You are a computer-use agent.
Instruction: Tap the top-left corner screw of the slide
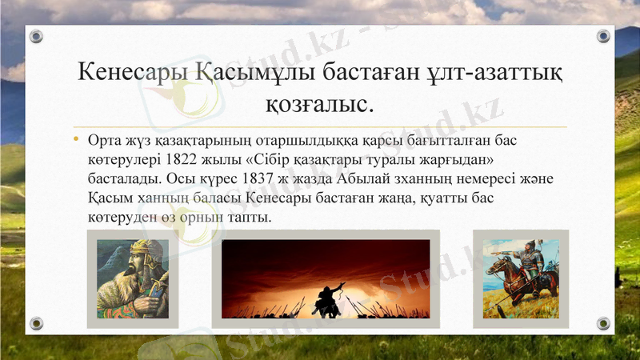pyautogui.click(x=36, y=37)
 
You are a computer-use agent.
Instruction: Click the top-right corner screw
pyautogui.click(x=603, y=37)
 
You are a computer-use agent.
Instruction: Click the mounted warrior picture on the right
pyautogui.click(x=520, y=278)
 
